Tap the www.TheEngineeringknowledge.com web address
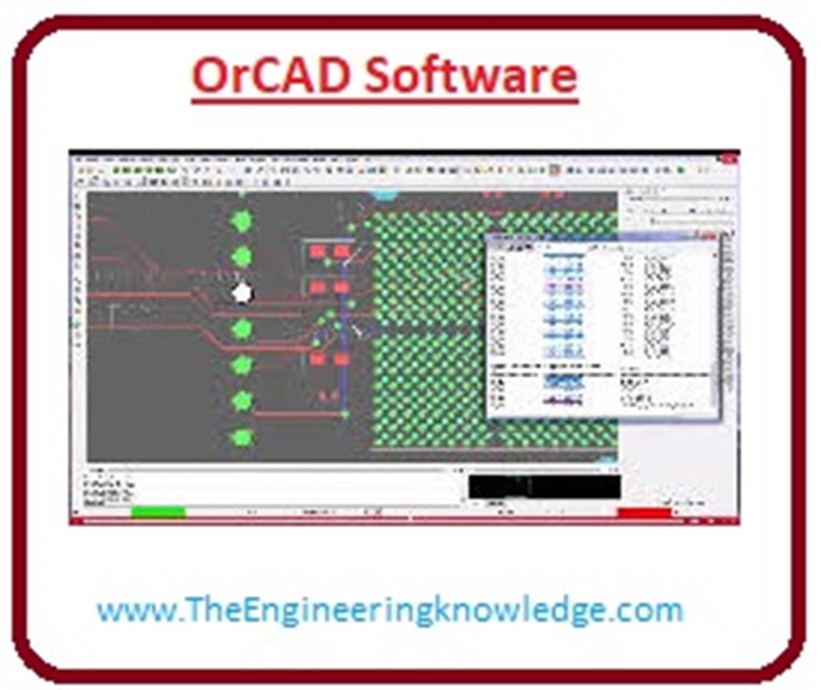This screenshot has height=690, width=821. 390,611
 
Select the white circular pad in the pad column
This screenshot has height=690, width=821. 241,294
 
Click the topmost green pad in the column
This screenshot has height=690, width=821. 241,221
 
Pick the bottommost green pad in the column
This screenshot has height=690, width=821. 241,438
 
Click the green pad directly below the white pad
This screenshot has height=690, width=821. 241,329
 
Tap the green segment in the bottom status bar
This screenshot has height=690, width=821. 158,513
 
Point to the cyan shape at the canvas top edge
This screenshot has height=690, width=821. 386,195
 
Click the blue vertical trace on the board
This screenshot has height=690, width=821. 343,337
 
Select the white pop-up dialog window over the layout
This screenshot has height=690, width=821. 601,325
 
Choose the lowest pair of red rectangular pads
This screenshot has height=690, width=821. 330,359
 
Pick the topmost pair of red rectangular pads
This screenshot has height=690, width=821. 330,252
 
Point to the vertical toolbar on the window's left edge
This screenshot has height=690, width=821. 79,321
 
